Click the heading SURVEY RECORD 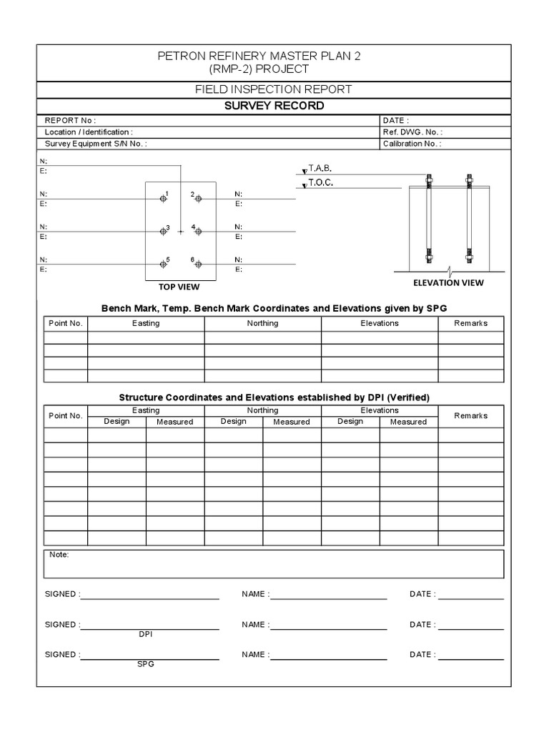point(274,106)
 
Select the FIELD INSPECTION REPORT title point(274,89)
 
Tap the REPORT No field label point(70,121)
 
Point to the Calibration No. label point(412,144)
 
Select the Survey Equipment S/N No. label point(96,144)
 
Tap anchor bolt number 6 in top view point(199,264)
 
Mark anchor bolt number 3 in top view point(163,231)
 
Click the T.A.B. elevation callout point(320,169)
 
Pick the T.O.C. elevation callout point(321,183)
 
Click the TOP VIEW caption point(179,287)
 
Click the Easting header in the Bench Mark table point(146,323)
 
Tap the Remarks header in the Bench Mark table point(470,323)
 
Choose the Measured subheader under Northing point(292,422)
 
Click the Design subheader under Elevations point(350,422)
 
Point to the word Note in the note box point(59,555)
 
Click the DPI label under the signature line point(146,634)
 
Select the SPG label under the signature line point(146,664)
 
